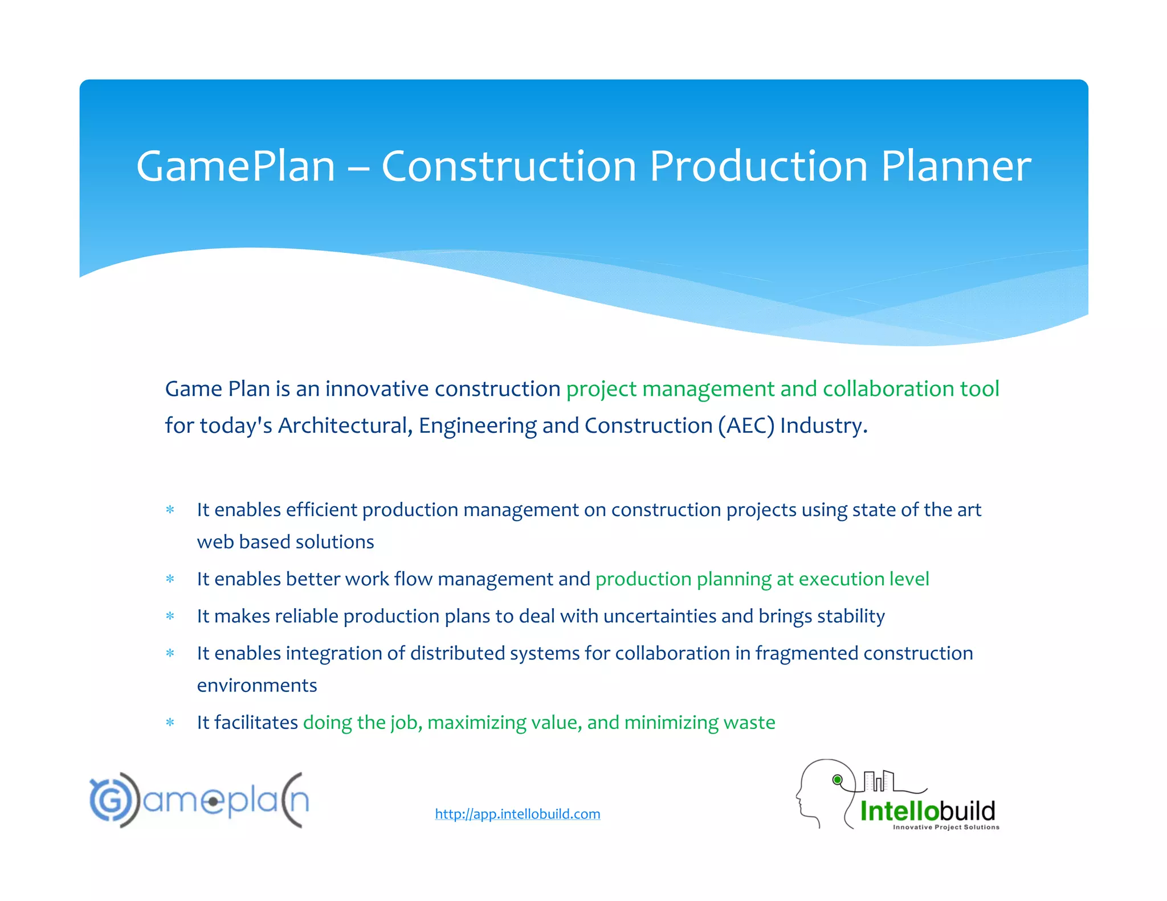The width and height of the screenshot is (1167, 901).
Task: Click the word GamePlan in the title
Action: point(235,166)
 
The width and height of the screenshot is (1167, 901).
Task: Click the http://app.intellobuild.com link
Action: point(517,814)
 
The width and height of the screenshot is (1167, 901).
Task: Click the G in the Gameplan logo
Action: point(111,800)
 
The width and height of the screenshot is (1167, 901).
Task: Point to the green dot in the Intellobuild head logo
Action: point(837,780)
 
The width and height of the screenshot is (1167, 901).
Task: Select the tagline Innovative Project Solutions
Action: point(946,827)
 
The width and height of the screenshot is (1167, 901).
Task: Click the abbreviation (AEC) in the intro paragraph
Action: point(746,425)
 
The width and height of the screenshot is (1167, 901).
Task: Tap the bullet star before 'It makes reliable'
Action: point(170,616)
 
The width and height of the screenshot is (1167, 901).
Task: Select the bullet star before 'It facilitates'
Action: point(170,723)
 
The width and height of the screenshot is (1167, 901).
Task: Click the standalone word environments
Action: point(257,685)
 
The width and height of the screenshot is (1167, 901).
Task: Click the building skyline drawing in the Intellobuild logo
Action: point(880,781)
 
